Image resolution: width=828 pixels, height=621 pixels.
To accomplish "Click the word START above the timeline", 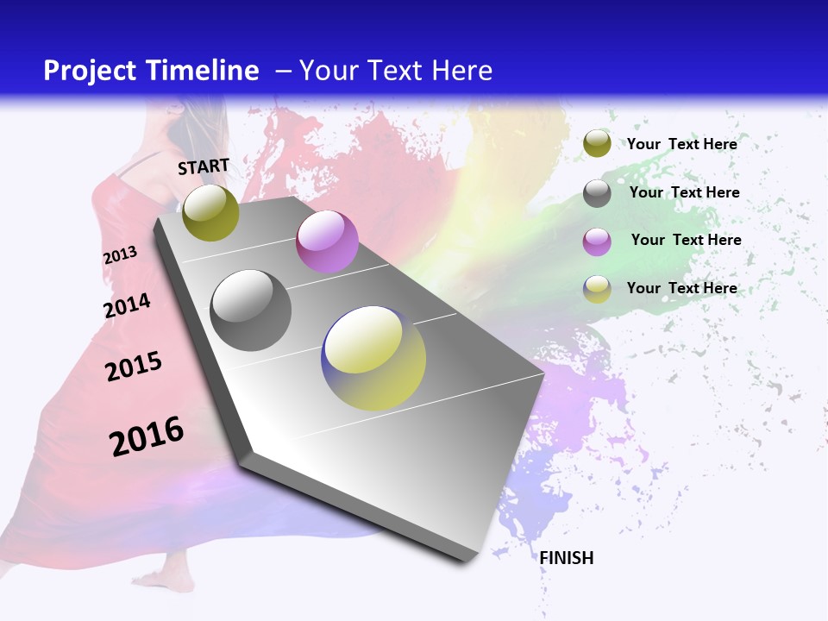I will (x=204, y=166).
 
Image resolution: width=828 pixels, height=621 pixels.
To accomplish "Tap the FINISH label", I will (x=567, y=558).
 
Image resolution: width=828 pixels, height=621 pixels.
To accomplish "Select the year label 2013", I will (x=120, y=255).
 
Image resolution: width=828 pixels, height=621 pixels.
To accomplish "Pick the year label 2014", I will (x=127, y=305).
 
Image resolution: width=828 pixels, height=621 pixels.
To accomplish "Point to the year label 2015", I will (x=134, y=367).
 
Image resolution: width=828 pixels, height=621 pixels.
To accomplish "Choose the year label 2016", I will (x=147, y=436).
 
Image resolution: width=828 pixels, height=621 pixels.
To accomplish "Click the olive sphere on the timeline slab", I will (x=210, y=212).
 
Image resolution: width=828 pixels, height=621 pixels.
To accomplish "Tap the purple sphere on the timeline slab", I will (x=327, y=241).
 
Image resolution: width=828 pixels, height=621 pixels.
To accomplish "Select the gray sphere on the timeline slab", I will (x=251, y=310).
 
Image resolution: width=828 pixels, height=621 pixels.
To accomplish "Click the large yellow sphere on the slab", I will (x=373, y=358).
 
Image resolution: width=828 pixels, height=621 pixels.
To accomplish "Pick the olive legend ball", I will (x=597, y=143).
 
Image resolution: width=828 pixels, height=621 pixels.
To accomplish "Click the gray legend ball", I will (x=597, y=193).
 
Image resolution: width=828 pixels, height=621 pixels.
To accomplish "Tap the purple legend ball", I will (x=597, y=241).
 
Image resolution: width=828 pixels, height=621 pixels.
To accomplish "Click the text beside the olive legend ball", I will (x=681, y=144).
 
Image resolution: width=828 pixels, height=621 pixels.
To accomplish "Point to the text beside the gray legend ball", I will (x=684, y=192).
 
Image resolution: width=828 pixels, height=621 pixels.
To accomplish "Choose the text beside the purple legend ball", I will (x=686, y=240).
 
